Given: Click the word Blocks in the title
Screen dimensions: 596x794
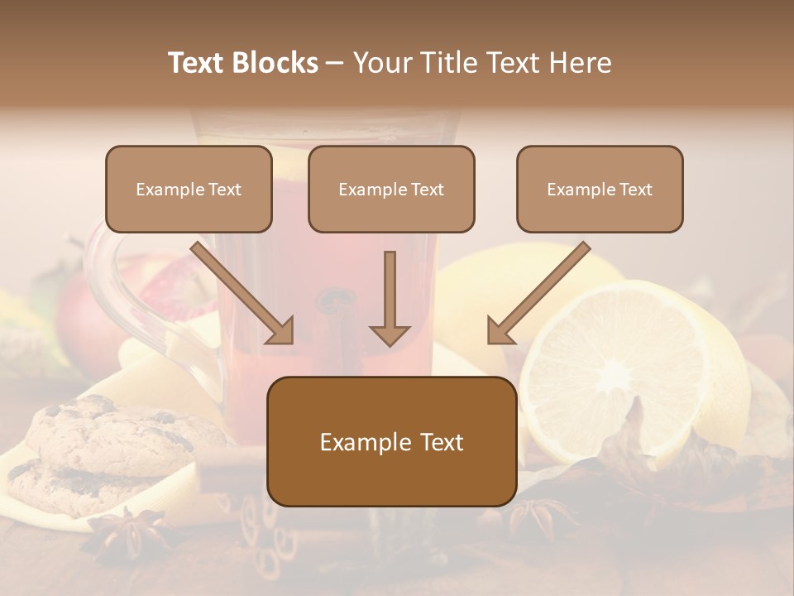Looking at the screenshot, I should pyautogui.click(x=276, y=63).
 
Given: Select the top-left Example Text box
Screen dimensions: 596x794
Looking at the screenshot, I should pyautogui.click(x=189, y=189).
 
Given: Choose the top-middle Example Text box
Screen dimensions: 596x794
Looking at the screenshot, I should pyautogui.click(x=391, y=189).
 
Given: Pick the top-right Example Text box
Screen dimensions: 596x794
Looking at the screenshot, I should pyautogui.click(x=600, y=189).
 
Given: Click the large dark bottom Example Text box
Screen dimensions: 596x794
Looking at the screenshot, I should pyautogui.click(x=391, y=441).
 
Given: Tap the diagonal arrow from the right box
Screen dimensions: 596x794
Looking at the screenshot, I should pyautogui.click(x=538, y=294).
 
